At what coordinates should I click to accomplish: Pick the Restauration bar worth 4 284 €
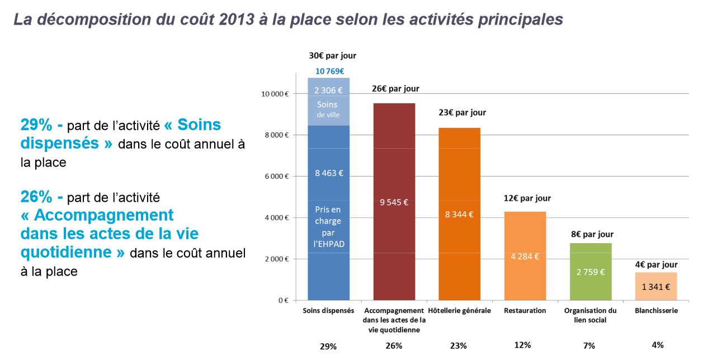[x=525, y=235]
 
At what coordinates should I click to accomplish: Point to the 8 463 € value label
[x=328, y=173]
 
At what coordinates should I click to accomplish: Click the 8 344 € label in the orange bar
[x=459, y=214]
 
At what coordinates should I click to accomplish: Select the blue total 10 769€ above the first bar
[x=329, y=71]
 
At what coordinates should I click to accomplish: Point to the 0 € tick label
[x=282, y=301]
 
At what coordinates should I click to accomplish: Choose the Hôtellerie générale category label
[x=459, y=311]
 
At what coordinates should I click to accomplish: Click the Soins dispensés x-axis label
[x=328, y=311]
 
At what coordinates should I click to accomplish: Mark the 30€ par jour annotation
[x=332, y=56]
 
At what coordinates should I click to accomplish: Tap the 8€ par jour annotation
[x=592, y=234]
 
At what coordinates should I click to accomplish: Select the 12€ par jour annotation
[x=527, y=198]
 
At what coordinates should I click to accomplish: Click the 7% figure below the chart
[x=589, y=345]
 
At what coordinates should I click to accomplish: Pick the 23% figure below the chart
[x=458, y=345]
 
